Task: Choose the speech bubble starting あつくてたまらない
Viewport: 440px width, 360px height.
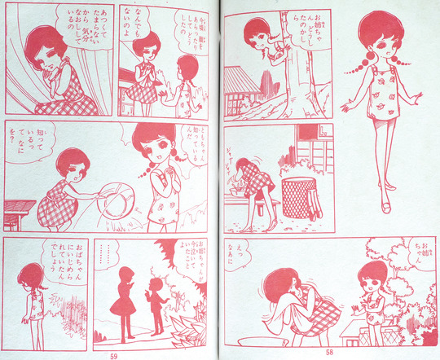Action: pyautogui.click(x=87, y=49)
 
